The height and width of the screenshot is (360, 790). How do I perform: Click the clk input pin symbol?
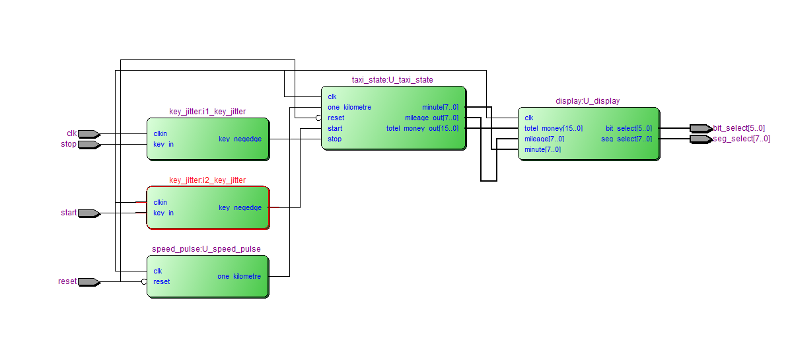click(89, 134)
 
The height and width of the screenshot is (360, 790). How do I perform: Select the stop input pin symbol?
click(89, 145)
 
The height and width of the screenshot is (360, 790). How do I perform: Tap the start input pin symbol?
click(89, 213)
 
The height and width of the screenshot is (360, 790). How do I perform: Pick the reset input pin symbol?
click(89, 282)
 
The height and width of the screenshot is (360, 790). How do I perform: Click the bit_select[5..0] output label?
click(738, 128)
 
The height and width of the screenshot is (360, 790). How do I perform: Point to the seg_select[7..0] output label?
click(740, 139)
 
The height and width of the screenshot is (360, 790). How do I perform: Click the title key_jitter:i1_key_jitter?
click(207, 112)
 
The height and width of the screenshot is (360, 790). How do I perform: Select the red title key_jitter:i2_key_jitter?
click(207, 180)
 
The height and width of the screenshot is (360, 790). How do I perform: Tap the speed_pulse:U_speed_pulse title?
click(206, 249)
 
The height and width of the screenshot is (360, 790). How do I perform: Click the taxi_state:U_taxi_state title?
click(392, 80)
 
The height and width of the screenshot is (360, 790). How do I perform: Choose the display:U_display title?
click(588, 101)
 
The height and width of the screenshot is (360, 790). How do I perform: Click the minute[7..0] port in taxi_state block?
click(440, 107)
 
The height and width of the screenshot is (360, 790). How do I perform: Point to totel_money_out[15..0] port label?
click(422, 128)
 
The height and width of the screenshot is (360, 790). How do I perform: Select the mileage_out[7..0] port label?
click(431, 118)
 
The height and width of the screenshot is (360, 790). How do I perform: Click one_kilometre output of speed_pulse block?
click(238, 276)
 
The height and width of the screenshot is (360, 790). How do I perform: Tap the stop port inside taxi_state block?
click(335, 139)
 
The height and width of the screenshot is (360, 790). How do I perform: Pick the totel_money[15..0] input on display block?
click(554, 128)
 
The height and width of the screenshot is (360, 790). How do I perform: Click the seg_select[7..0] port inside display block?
click(626, 139)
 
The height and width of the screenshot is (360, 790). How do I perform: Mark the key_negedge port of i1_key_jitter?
click(240, 139)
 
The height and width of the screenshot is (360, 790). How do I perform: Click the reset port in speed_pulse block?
click(162, 281)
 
